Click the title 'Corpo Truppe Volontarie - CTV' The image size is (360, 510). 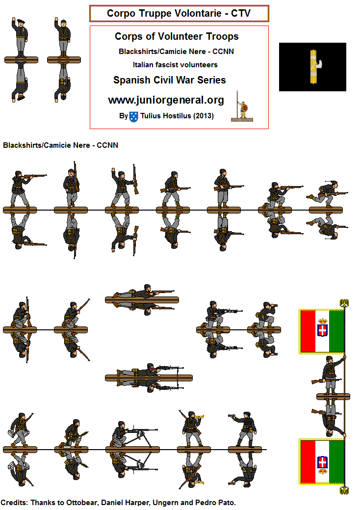[179, 13]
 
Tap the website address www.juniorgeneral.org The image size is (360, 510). [166, 100]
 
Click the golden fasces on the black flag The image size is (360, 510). [314, 67]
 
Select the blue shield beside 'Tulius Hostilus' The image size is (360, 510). [133, 116]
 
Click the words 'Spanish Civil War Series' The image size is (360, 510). [169, 80]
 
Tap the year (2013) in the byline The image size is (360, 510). [204, 116]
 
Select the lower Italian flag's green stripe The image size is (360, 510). [336, 462]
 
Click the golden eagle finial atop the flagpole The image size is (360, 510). [344, 303]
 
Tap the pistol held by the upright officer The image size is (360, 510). [231, 416]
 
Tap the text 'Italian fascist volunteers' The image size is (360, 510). [175, 65]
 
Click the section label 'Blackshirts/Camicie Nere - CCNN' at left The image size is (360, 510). [60, 145]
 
